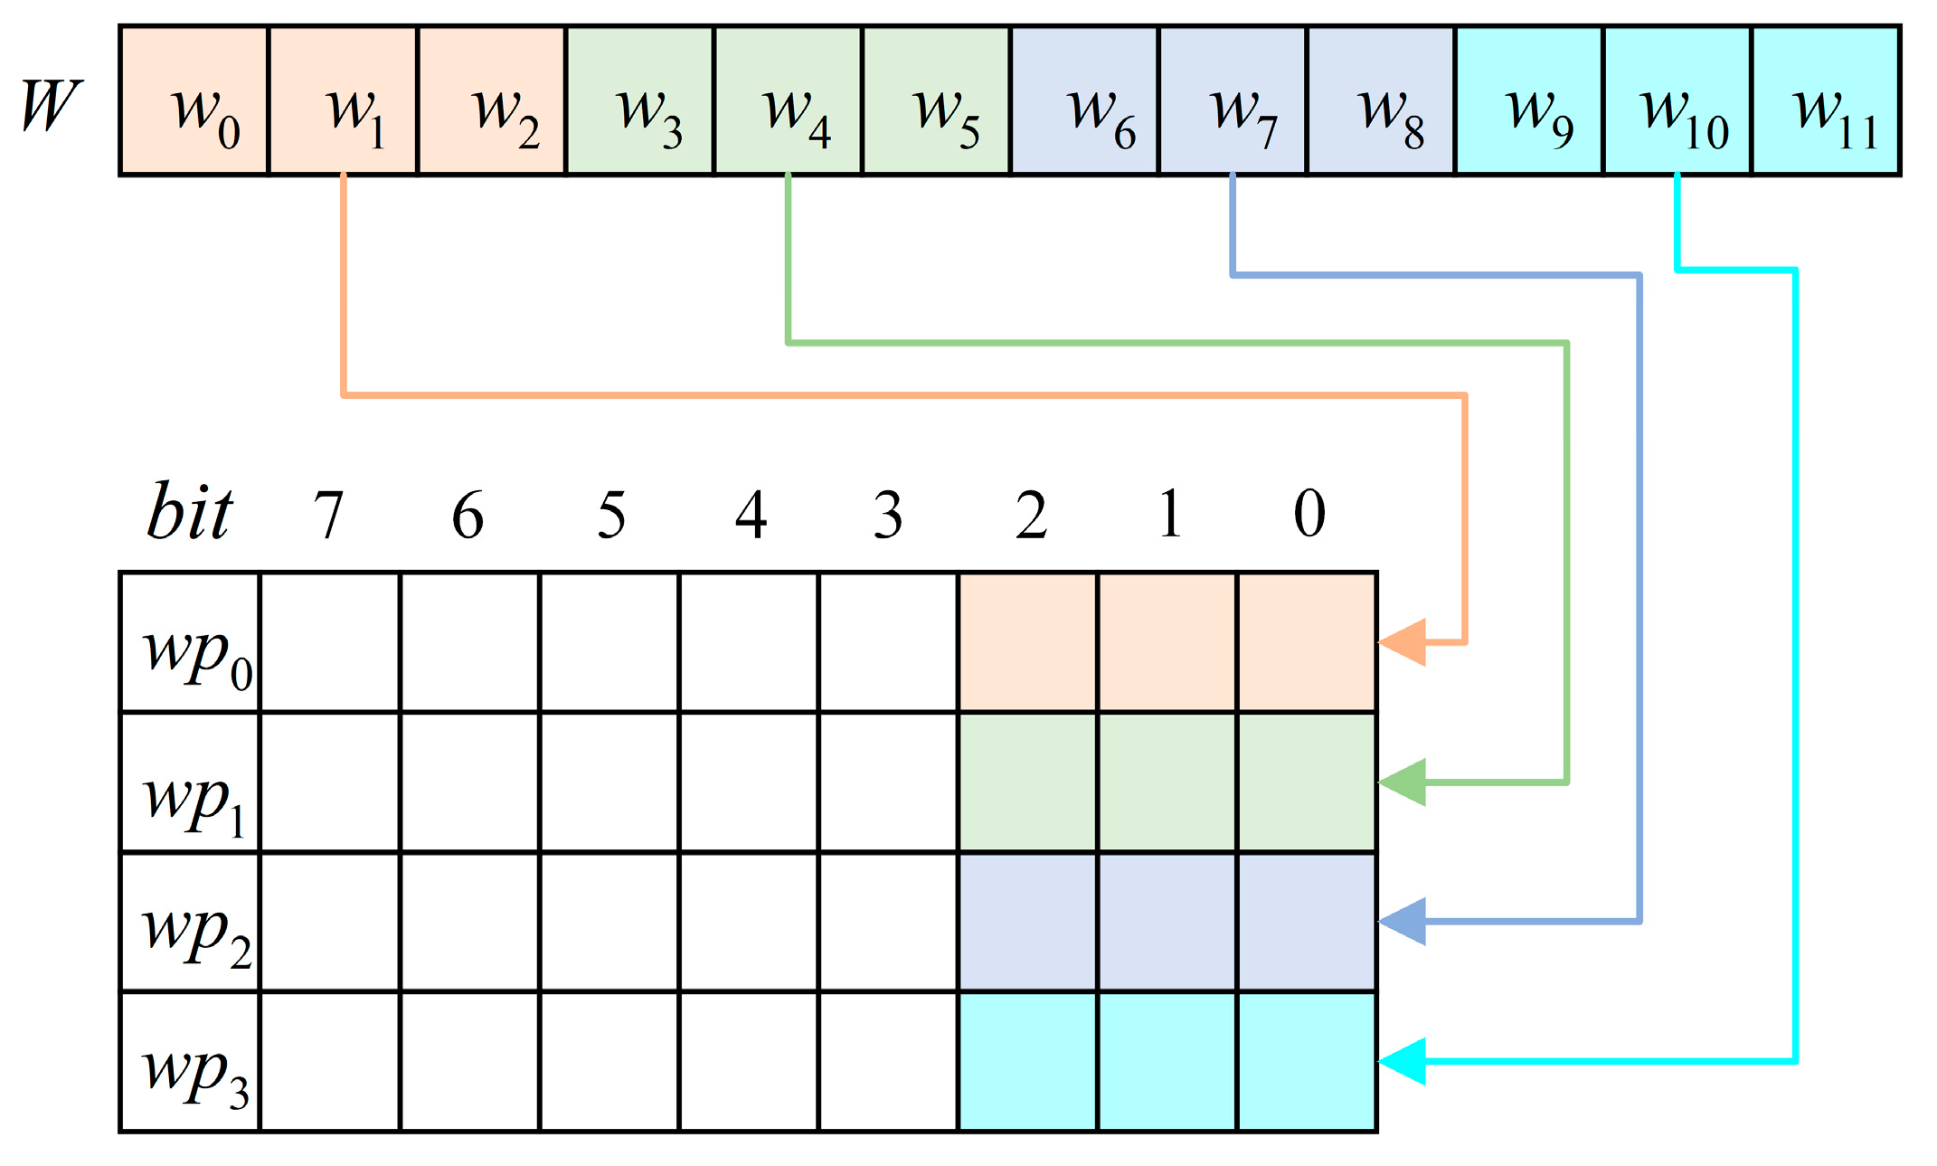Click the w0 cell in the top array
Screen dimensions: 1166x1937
194,101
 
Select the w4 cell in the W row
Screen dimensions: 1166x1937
788,101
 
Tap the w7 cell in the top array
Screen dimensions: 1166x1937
1233,101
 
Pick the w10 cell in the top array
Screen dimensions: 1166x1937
1677,101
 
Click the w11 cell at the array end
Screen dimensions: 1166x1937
1827,101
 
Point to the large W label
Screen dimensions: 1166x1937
52,106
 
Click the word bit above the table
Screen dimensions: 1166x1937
190,513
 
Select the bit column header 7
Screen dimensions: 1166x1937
329,516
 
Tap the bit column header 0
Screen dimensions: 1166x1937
1309,514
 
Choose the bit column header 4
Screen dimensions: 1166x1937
751,516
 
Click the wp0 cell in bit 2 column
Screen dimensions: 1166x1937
1028,642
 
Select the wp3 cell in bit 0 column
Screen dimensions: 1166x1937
1307,1062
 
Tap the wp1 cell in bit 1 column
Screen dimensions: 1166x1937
1167,782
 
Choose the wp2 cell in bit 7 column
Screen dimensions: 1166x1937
330,922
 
